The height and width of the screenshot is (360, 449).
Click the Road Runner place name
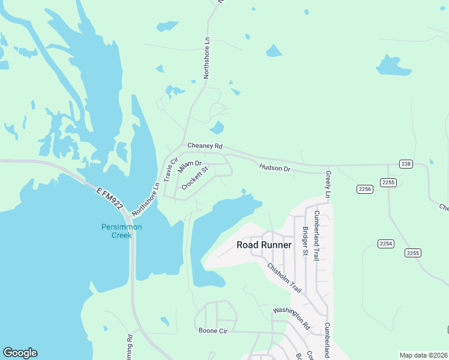point(264,245)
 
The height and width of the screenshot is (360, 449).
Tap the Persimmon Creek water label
point(117,231)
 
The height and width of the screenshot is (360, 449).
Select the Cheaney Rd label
point(205,146)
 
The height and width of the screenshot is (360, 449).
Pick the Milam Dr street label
point(190,164)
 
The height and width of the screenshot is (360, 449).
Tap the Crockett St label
point(194,178)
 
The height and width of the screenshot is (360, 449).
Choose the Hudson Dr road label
point(275,169)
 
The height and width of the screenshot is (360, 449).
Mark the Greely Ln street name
point(328,184)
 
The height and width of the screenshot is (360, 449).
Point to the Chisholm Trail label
point(284,278)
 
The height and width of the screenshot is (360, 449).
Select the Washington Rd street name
point(291,319)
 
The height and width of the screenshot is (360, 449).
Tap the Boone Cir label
point(212,331)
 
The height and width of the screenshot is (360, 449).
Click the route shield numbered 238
point(406,164)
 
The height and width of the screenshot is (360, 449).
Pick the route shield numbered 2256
point(365,189)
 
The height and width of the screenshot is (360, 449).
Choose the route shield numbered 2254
point(386,243)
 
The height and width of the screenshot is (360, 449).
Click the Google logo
point(20,353)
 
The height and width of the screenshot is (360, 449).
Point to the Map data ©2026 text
point(424,355)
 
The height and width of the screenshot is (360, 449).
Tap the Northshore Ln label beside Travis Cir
point(146,199)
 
